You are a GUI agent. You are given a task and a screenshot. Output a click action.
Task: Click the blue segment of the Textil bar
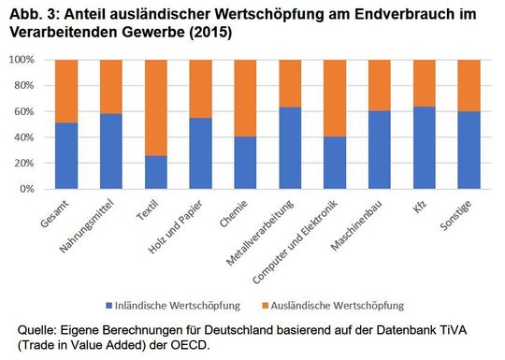(156, 172)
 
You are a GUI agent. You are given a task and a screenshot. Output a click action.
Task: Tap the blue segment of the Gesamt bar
(66, 155)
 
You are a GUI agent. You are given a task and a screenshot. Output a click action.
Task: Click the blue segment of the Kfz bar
(426, 148)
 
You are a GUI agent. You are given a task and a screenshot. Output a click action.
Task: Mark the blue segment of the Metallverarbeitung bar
(291, 148)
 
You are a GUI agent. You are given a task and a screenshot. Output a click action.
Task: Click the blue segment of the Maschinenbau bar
(381, 150)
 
